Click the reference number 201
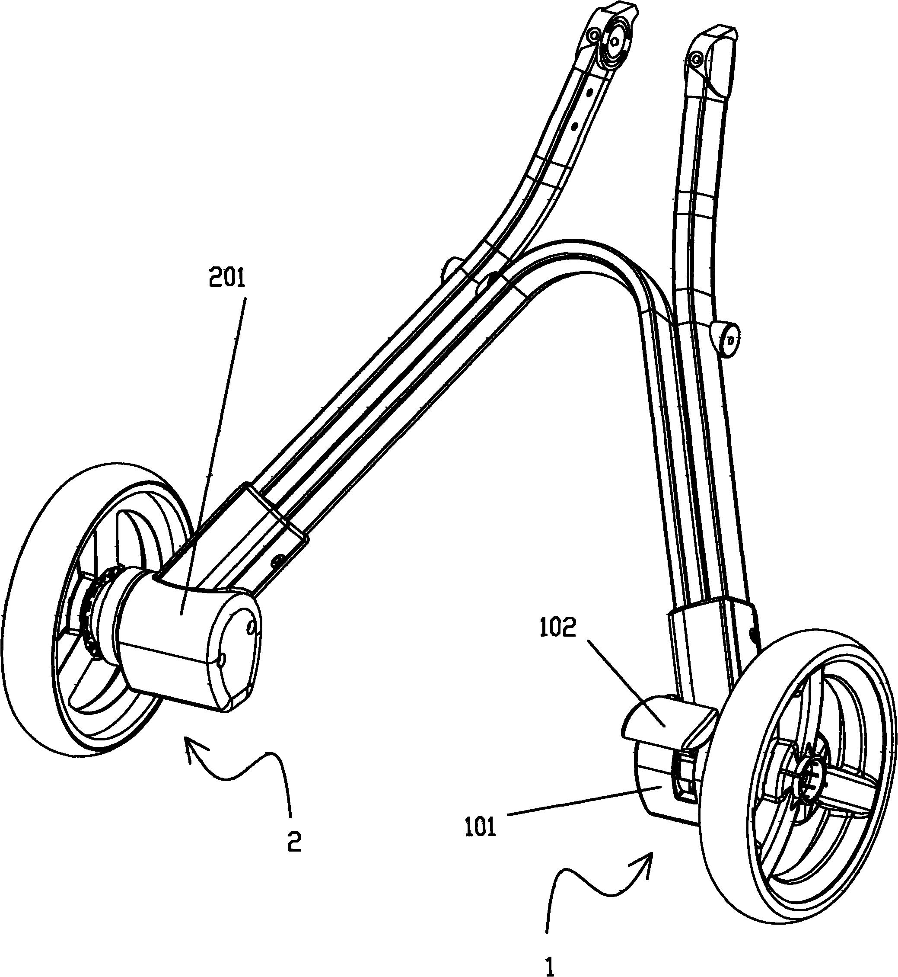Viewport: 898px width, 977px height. click(227, 280)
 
